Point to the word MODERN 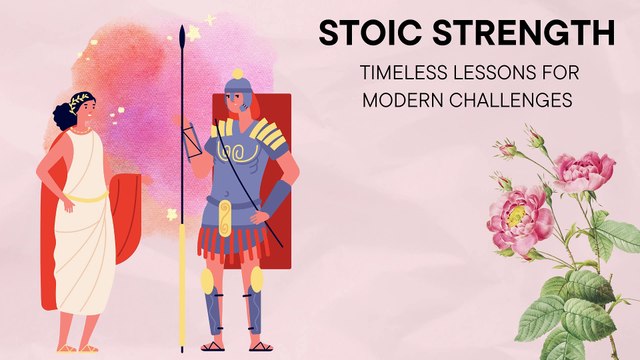pyautogui.click(x=401, y=100)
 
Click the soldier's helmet pyautogui.click(x=238, y=88)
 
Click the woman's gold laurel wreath pyautogui.click(x=81, y=100)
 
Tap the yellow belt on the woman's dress pyautogui.click(x=89, y=197)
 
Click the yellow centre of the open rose pyautogui.click(x=517, y=213)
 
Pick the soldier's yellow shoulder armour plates pyautogui.click(x=266, y=130)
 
